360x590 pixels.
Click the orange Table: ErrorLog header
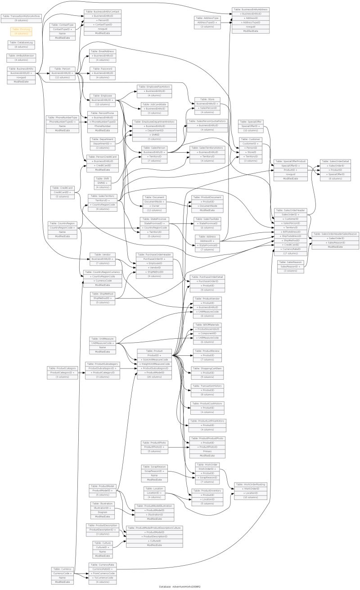point(21,29)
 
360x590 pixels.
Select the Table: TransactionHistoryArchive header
point(21,16)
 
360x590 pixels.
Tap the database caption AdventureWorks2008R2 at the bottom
point(180,586)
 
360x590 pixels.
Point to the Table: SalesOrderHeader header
point(290,210)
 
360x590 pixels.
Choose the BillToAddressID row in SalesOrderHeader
point(290,232)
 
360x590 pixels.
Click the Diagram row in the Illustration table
point(103,512)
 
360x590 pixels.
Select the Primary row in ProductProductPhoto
point(207,451)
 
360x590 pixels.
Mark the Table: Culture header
point(103,543)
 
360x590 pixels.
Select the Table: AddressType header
point(207,18)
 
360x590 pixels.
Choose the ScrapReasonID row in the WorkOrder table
point(207,477)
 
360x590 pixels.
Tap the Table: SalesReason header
point(290,262)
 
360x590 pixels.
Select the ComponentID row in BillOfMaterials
point(207,333)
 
